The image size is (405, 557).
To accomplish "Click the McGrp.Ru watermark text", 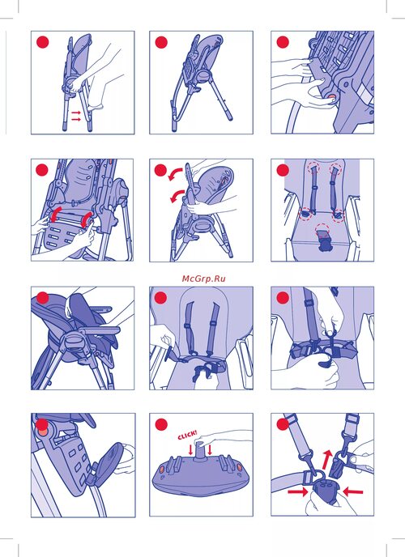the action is pos(203,278).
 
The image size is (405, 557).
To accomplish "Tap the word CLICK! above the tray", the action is pos(187,435).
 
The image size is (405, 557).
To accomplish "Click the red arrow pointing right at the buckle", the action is pos(297,491).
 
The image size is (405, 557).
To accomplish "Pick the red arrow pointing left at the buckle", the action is pos(353,491).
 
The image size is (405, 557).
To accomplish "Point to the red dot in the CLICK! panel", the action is pos(161,424).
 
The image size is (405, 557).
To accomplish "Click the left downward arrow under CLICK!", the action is pos(191,450).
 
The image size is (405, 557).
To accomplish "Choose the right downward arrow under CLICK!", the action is pos(210,449).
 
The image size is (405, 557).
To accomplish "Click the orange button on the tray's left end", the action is pos(162,470).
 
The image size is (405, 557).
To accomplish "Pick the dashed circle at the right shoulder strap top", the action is pos(335,169).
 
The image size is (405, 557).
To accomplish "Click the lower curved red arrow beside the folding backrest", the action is pos(177,196).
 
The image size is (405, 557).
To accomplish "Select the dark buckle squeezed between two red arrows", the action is pos(325,492).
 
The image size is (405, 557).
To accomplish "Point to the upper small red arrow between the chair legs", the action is pos(76,113).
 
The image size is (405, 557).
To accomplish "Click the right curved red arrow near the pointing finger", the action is pos(86,220).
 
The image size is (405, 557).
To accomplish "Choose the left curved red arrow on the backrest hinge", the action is pos(56,214).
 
